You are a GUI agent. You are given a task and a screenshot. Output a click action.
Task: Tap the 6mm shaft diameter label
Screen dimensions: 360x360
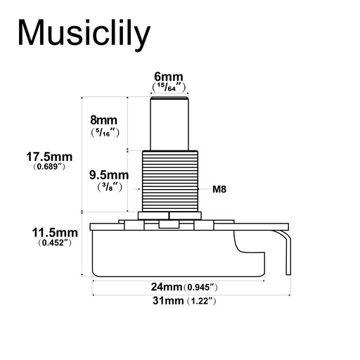click(169, 77)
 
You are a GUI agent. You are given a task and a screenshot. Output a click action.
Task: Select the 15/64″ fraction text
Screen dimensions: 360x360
click(169, 87)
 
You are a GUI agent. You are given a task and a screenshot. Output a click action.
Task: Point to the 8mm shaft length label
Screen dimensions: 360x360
click(103, 120)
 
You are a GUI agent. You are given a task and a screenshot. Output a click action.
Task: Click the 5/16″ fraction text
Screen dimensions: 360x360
click(105, 132)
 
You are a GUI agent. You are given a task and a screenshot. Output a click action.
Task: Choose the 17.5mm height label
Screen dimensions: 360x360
click(49, 157)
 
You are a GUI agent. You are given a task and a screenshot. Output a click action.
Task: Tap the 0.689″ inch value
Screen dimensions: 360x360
click(49, 167)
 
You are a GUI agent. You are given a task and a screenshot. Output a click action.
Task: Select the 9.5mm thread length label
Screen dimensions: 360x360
click(109, 175)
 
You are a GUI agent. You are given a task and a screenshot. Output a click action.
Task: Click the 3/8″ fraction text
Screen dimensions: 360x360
click(110, 187)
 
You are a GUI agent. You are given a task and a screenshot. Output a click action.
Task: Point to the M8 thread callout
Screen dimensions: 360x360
click(219, 189)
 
